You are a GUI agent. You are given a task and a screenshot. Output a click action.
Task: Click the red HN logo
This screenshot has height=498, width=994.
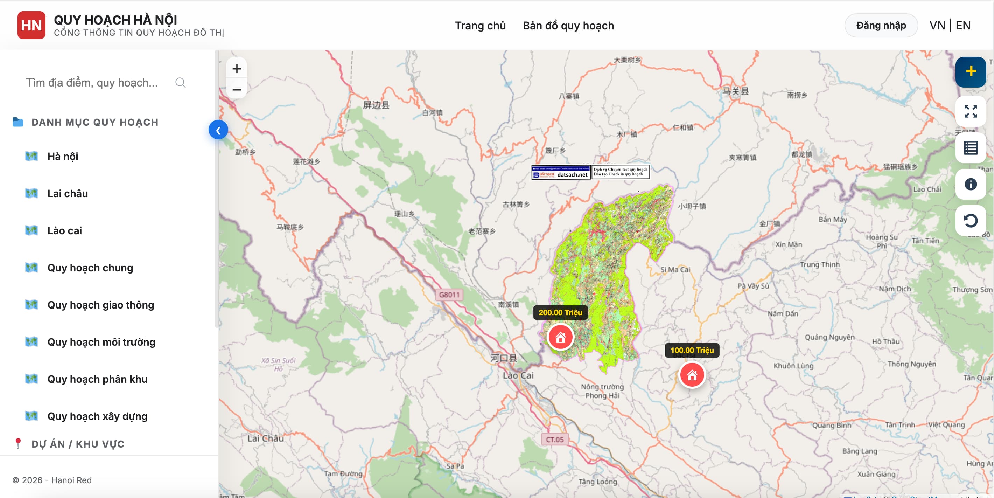tap(31, 26)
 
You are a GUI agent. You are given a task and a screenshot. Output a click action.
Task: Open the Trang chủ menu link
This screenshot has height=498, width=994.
tap(480, 26)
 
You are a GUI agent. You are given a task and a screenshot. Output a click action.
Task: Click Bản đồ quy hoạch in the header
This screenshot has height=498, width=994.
tap(568, 26)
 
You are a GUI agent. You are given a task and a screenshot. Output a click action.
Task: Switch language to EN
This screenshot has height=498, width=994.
tap(963, 26)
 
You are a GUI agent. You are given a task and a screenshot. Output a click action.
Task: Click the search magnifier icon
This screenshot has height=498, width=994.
tap(180, 83)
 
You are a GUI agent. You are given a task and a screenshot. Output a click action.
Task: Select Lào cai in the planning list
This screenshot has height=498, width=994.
tap(64, 230)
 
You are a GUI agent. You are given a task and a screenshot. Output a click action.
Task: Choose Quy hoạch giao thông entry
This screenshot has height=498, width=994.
tap(100, 305)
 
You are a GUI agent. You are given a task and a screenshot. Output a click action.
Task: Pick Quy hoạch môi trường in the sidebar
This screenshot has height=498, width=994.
tap(101, 342)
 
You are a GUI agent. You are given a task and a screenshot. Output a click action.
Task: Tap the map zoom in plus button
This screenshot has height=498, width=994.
tap(237, 69)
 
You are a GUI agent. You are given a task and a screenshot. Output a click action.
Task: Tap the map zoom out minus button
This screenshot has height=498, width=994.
tap(237, 90)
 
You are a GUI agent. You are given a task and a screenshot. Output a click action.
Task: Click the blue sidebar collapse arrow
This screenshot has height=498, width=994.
tap(218, 130)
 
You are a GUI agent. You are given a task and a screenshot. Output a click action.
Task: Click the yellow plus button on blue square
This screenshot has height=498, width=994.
tap(971, 71)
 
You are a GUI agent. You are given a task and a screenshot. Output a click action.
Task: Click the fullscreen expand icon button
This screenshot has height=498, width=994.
tap(971, 112)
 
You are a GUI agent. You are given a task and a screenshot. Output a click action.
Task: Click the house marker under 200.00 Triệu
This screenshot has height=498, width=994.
tap(560, 337)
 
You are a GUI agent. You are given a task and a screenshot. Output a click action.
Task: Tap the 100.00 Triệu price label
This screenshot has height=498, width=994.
tap(692, 350)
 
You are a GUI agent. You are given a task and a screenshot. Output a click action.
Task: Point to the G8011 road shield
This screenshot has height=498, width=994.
tap(449, 295)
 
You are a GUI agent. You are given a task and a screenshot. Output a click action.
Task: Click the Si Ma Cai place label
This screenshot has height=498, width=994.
tap(675, 269)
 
